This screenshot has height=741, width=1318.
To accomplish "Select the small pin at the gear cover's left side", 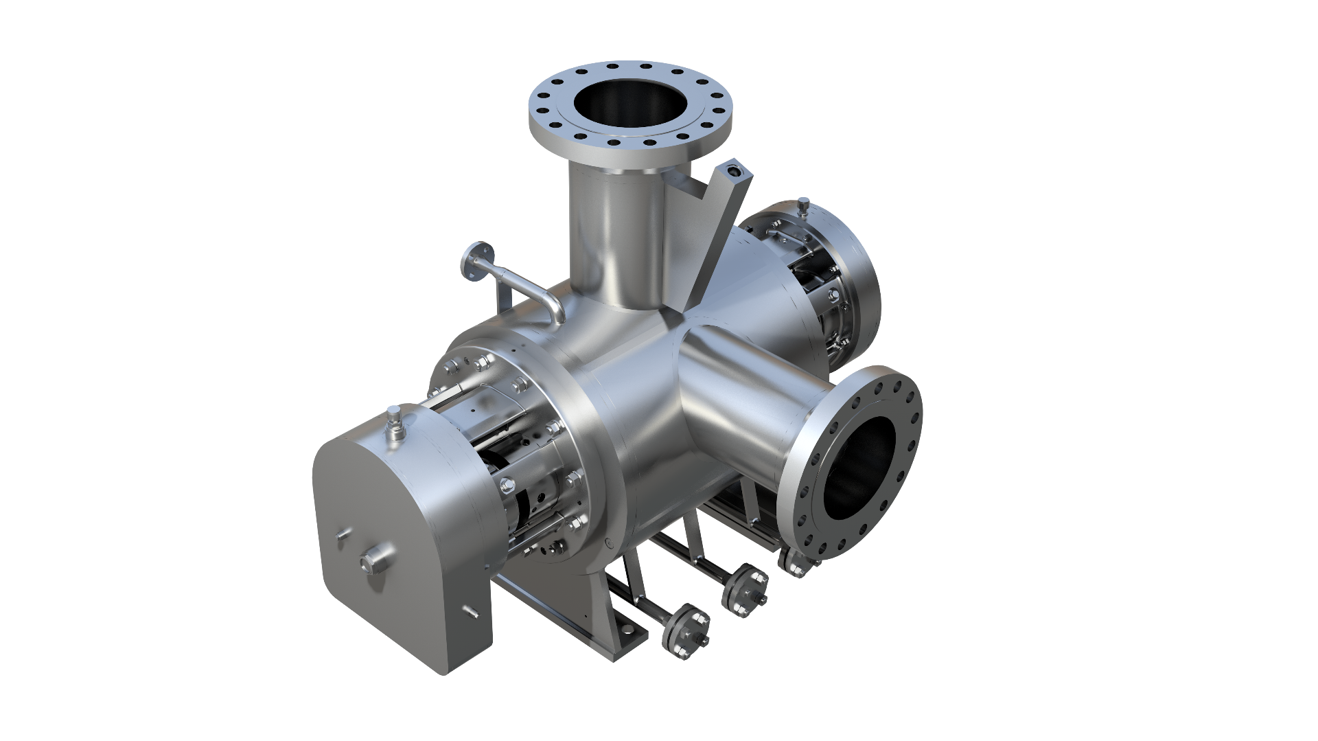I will pos(341,536).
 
